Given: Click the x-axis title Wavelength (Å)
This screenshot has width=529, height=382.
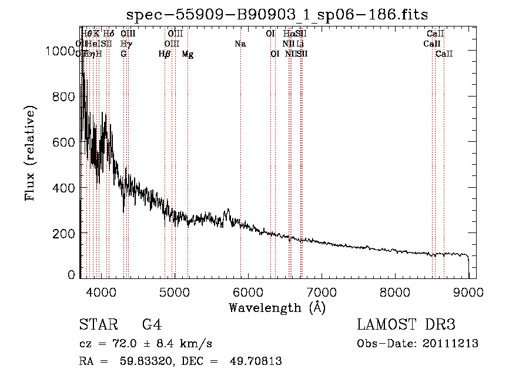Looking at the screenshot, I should [x=277, y=307].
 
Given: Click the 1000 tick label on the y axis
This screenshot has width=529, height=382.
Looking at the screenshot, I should [x=61, y=51].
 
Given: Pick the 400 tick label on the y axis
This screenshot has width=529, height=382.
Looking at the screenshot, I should [x=65, y=188].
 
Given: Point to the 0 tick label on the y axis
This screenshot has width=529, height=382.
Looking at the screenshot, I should [x=71, y=274].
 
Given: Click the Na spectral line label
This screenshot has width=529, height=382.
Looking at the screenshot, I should [x=240, y=44].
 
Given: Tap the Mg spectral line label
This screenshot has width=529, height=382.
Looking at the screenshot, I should [x=188, y=54].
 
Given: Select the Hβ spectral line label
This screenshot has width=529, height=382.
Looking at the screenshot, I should [x=165, y=54].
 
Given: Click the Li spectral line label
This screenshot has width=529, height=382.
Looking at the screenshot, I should [x=300, y=44].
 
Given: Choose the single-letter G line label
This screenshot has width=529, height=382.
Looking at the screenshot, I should [x=123, y=54].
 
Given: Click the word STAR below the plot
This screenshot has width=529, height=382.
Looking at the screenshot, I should [x=94, y=325].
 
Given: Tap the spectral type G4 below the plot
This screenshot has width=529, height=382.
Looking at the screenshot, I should [x=152, y=325].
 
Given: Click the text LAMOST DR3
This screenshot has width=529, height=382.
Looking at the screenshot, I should [x=406, y=325].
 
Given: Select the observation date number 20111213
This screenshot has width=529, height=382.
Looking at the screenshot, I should [x=453, y=344].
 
